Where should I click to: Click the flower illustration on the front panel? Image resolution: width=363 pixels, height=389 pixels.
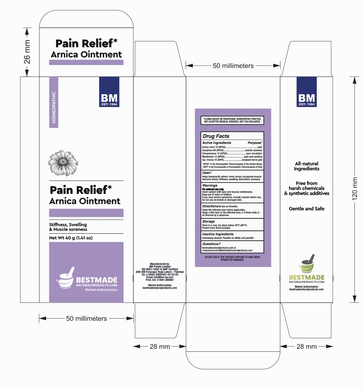click(x=63, y=163)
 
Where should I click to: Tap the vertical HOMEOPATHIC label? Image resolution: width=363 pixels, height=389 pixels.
click(x=54, y=107)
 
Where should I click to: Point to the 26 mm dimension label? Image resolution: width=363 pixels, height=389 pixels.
click(x=27, y=52)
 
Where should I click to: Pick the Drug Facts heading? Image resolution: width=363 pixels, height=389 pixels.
click(x=216, y=136)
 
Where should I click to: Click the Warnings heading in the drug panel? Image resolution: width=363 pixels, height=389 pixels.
click(x=210, y=185)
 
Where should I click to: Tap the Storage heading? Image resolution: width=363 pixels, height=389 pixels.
click(x=209, y=221)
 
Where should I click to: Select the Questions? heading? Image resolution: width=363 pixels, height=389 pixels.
click(x=211, y=244)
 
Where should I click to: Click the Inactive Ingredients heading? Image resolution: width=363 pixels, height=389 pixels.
click(x=218, y=234)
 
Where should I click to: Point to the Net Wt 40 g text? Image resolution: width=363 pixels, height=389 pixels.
click(x=71, y=238)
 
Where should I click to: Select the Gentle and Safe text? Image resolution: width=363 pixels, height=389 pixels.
click(x=306, y=209)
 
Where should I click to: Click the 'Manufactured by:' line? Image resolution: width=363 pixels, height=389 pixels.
click(x=160, y=264)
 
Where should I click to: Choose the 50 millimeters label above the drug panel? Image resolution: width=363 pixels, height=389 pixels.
click(x=233, y=66)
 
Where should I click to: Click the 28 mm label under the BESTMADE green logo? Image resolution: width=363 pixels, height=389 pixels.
click(x=306, y=347)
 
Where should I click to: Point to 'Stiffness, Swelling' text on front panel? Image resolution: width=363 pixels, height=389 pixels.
click(x=68, y=225)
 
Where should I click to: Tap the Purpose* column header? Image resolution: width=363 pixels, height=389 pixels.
click(x=255, y=143)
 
